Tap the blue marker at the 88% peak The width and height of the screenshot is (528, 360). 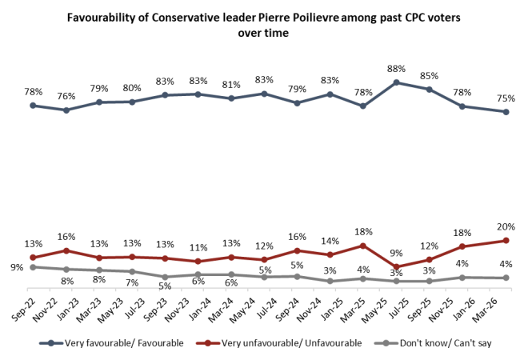[x=396, y=82]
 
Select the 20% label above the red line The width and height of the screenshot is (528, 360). [x=505, y=226]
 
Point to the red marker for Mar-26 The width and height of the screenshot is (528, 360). [x=506, y=240]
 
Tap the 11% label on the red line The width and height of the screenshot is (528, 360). [x=197, y=247]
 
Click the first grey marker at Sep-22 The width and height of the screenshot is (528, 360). [x=33, y=267]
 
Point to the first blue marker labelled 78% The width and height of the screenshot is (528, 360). [x=33, y=105]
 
